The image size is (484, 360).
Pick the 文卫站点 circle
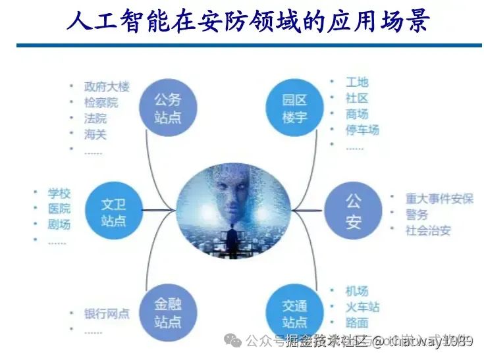click(x=113, y=211)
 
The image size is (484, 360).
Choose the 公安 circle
click(x=353, y=211)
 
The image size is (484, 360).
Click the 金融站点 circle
click(x=167, y=313)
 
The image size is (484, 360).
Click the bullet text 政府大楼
click(x=107, y=86)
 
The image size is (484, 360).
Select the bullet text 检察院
click(x=101, y=102)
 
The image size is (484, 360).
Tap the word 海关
click(x=95, y=134)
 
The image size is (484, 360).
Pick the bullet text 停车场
click(x=362, y=130)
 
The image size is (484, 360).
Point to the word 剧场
click(x=59, y=224)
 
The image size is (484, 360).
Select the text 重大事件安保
click(x=439, y=198)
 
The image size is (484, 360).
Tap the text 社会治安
click(x=428, y=230)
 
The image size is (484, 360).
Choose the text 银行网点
click(x=107, y=313)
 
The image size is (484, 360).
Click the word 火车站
click(x=362, y=307)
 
